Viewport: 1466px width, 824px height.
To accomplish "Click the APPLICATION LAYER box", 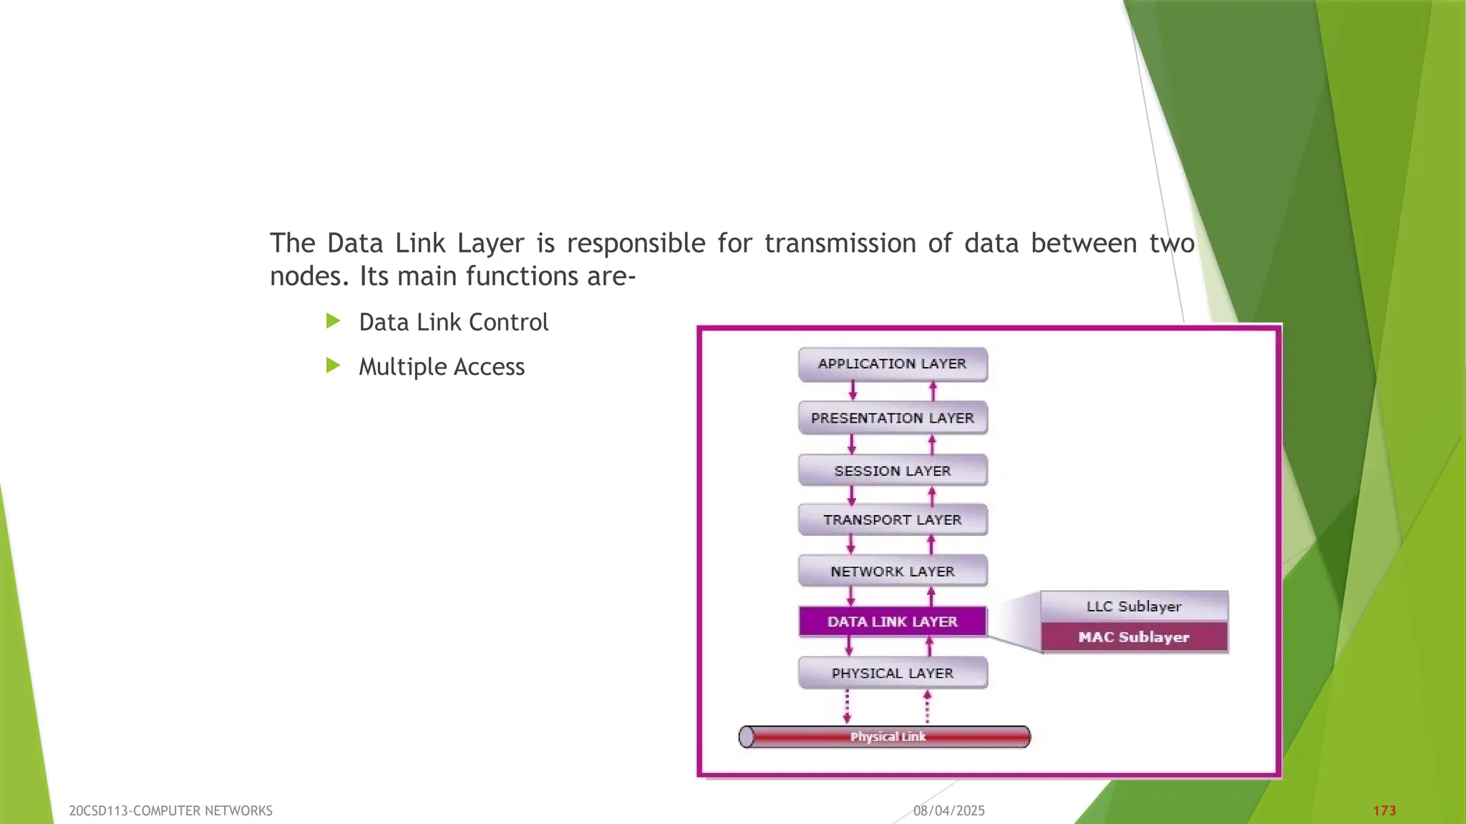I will click(x=893, y=364).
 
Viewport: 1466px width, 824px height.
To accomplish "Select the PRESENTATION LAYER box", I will click(x=893, y=418).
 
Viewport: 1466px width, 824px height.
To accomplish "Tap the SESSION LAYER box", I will click(x=893, y=471).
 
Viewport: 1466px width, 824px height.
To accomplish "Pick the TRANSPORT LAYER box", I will click(x=893, y=520).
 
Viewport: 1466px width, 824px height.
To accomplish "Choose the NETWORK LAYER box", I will click(x=893, y=572).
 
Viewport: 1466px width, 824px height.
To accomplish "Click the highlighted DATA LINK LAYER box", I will click(x=893, y=622).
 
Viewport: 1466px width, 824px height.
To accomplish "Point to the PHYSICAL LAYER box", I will click(x=893, y=673).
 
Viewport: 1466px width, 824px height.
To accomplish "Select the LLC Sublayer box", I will click(x=1134, y=606).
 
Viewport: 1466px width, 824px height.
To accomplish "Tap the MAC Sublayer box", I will click(x=1134, y=637).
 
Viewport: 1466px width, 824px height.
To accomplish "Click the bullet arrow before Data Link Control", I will click(x=333, y=321).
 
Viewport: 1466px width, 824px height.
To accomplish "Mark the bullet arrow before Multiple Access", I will click(x=333, y=366).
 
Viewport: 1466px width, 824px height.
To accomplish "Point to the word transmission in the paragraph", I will click(x=840, y=244).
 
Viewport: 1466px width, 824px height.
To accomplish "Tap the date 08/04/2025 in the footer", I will click(x=948, y=810).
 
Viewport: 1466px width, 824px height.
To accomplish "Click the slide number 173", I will click(x=1384, y=810).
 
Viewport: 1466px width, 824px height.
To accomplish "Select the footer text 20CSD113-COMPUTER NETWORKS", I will click(x=170, y=810).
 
